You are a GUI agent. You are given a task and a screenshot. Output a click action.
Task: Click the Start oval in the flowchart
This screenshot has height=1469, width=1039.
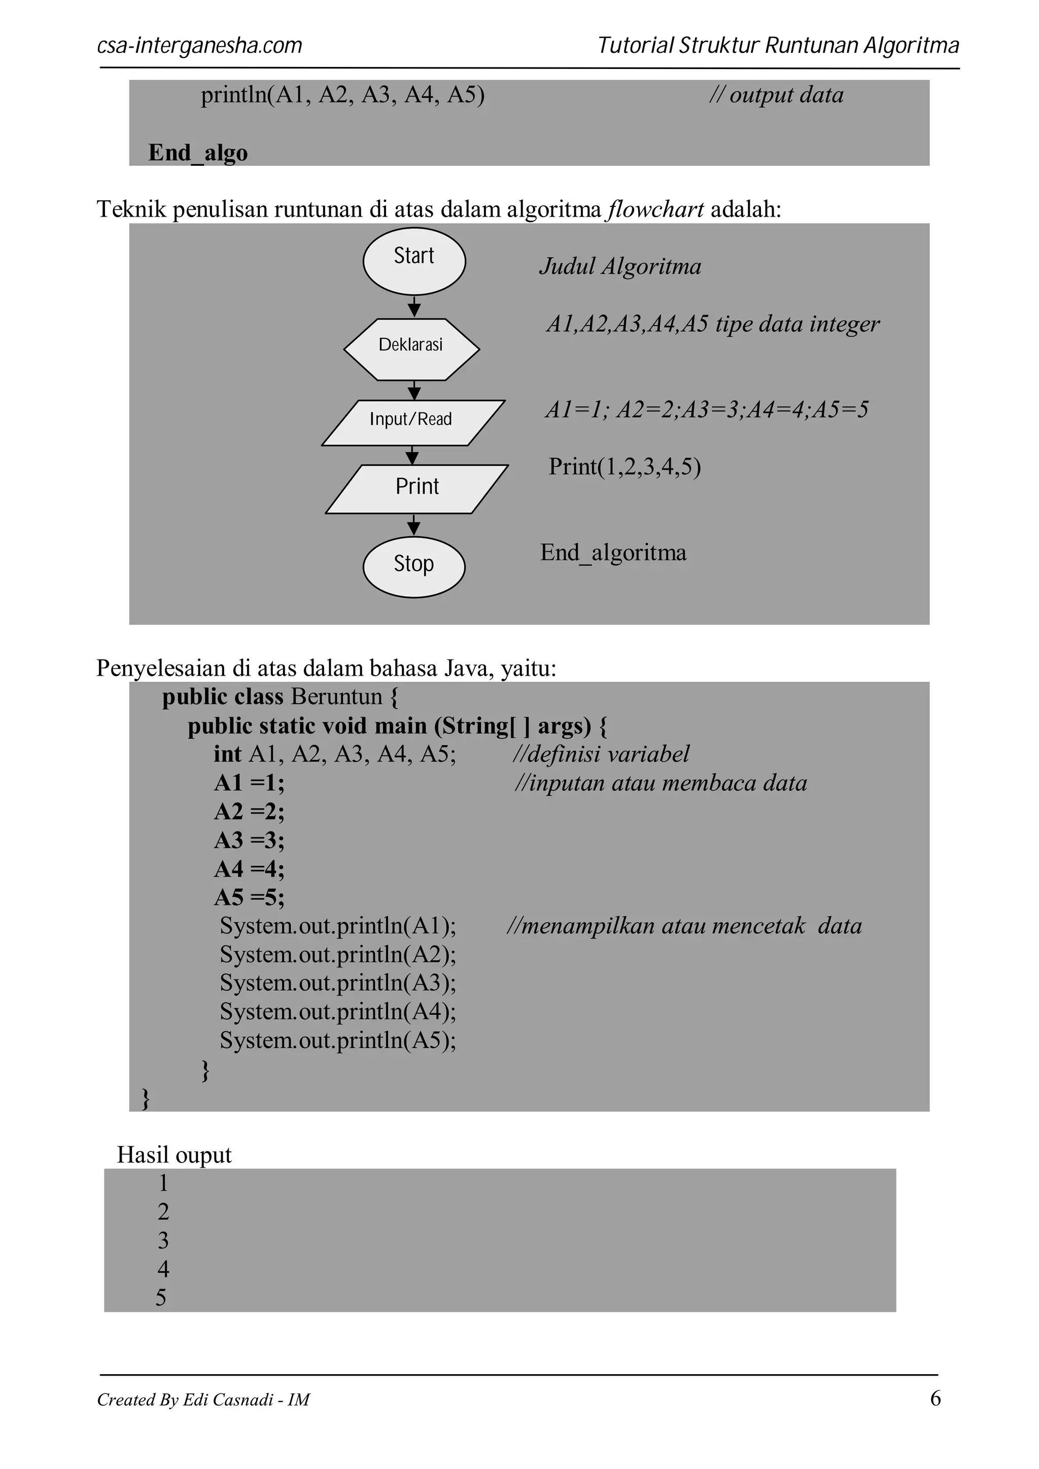coord(414,261)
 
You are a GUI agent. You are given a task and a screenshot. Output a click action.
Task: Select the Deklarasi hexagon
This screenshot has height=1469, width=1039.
coord(411,349)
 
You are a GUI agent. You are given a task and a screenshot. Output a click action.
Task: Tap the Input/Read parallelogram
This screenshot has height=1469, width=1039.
coord(412,422)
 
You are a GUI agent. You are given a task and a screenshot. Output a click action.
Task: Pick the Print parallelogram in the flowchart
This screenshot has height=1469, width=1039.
coord(417,489)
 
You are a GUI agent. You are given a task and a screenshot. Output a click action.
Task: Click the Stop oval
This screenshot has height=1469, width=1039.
coord(414,567)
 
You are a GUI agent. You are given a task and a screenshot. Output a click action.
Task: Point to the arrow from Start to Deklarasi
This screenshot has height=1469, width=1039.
coord(414,306)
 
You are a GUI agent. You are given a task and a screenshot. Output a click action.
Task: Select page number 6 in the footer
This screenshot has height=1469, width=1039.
coord(934,1398)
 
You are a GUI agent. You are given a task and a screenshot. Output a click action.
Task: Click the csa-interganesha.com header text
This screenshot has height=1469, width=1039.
coord(199,46)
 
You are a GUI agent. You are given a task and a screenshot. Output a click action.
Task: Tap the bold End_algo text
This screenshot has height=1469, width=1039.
coord(198,153)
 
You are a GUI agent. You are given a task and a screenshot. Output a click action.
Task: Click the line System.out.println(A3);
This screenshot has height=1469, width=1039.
coord(338,983)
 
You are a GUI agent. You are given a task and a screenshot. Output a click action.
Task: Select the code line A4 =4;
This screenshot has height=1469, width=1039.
coord(249,869)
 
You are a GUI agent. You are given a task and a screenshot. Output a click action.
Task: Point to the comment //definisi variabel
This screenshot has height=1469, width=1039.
coord(601,754)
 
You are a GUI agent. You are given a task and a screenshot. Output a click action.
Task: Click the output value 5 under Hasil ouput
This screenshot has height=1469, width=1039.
coord(161,1297)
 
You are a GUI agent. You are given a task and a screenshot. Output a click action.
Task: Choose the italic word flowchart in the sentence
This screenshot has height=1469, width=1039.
coord(656,209)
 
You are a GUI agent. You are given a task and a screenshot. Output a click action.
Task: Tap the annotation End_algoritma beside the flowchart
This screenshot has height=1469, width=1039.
coord(613,553)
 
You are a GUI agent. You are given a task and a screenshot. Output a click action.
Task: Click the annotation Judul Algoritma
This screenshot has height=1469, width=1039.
coord(620,266)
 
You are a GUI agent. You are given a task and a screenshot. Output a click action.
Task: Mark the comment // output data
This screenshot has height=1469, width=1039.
coord(776,95)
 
